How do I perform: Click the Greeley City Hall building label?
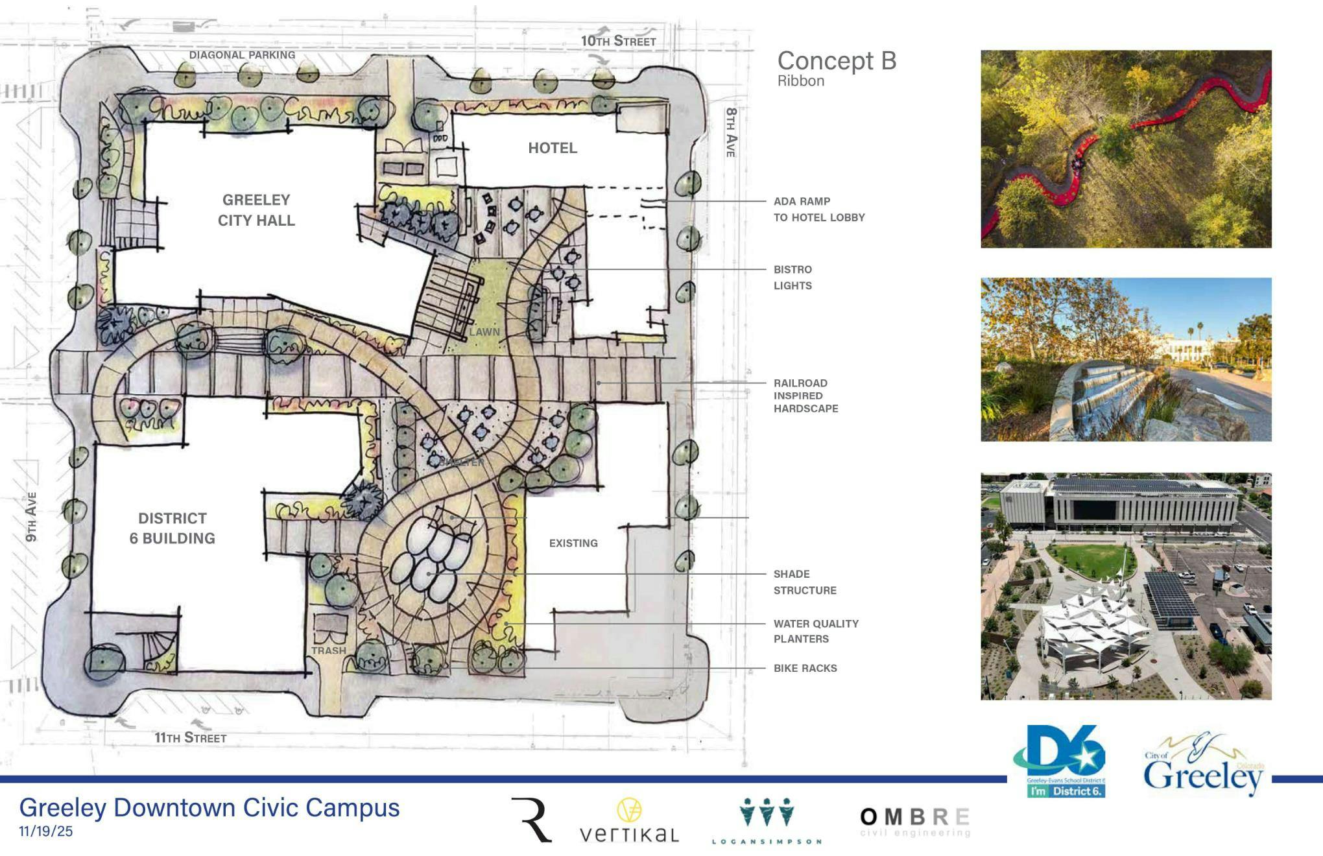[256, 210]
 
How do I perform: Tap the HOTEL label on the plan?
[553, 148]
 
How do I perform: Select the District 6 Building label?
[173, 528]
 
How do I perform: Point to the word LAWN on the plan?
[484, 332]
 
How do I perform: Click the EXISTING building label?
[573, 543]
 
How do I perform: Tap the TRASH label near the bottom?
[329, 650]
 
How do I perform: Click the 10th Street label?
[618, 41]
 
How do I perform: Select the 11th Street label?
[190, 737]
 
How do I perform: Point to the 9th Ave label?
[31, 517]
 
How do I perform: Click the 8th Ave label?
[731, 132]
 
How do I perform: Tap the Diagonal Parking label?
[242, 55]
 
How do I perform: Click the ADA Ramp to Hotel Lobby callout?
[818, 209]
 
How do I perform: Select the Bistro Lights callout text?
[793, 278]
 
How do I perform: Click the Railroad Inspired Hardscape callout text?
[805, 396]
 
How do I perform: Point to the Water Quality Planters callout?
[815, 631]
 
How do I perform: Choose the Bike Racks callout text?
[805, 668]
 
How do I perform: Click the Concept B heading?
[837, 61]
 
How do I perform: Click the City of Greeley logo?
[1203, 766]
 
